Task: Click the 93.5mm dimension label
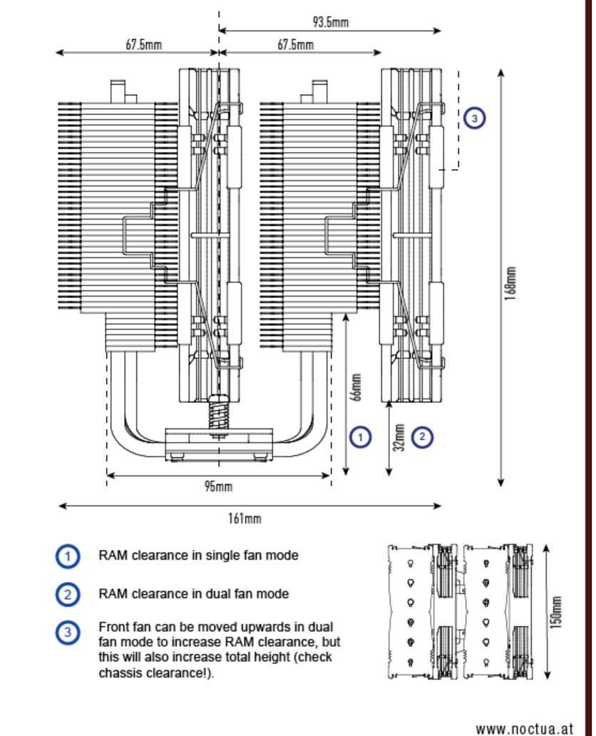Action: point(330,21)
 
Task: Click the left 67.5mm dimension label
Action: point(143,45)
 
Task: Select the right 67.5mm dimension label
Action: point(296,45)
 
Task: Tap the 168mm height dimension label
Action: point(511,284)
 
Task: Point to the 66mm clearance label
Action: point(356,387)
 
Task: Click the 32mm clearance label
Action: point(399,437)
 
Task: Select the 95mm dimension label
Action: point(219,486)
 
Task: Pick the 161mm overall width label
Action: point(245,518)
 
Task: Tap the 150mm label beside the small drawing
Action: point(556,612)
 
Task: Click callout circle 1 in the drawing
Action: point(361,437)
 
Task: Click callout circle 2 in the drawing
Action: point(422,437)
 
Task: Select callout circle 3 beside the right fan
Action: point(475,118)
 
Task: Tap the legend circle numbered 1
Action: point(68,556)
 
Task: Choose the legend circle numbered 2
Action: point(68,595)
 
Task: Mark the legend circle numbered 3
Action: point(68,633)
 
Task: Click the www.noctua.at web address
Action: point(525,729)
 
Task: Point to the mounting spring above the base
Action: point(219,412)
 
